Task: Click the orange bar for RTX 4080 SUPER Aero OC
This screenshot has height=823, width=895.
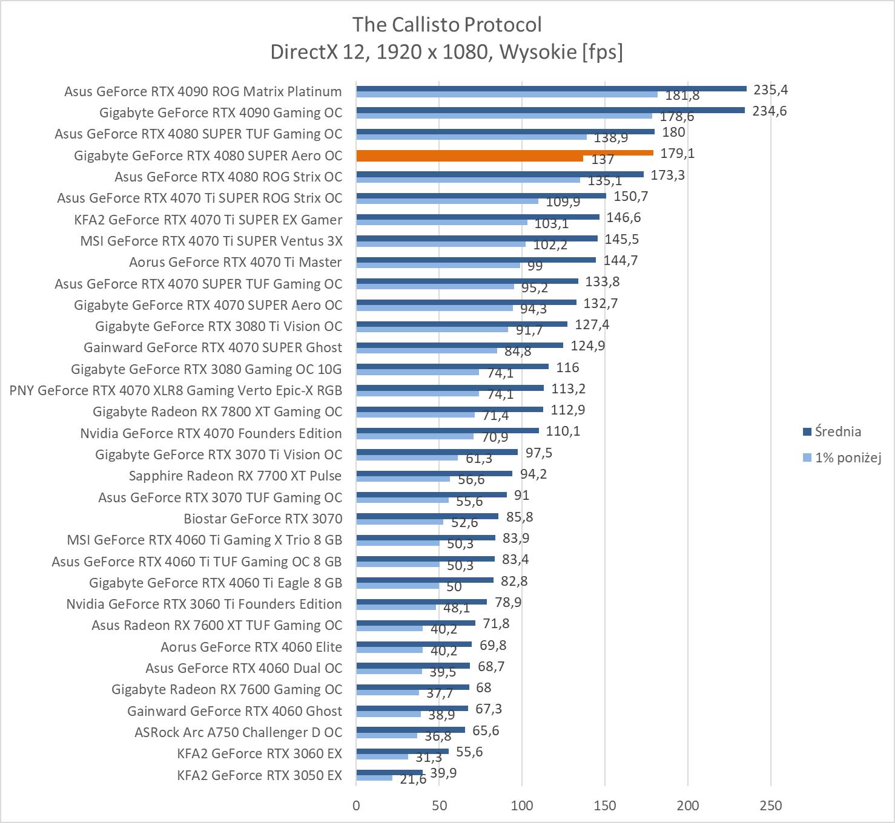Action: tap(504, 153)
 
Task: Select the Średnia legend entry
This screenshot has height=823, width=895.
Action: tap(837, 431)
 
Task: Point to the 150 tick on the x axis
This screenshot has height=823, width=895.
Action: tap(605, 805)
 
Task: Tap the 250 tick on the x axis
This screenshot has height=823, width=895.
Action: tap(770, 805)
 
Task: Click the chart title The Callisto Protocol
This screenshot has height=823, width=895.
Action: tap(447, 25)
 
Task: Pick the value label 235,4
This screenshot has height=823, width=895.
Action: tap(770, 90)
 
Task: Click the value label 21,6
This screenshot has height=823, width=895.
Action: tap(413, 779)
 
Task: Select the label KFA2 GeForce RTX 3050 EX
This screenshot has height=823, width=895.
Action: tap(259, 775)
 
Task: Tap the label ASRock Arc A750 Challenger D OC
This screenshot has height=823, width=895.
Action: tap(238, 732)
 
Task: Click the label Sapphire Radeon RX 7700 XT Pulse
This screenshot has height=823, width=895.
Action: tap(235, 476)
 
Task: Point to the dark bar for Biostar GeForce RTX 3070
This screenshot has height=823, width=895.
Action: tap(427, 516)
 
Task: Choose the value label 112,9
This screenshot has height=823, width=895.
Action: tap(567, 410)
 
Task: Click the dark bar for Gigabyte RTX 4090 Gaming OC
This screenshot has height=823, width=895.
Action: tap(550, 110)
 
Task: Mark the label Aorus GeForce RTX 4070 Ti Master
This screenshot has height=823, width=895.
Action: tap(235, 262)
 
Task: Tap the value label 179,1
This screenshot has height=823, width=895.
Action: tap(677, 154)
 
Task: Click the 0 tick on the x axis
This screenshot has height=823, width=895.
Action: tap(356, 805)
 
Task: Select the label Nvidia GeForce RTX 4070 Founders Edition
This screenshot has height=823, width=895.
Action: tap(211, 433)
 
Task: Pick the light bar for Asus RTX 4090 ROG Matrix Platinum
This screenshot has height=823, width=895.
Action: tap(506, 94)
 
